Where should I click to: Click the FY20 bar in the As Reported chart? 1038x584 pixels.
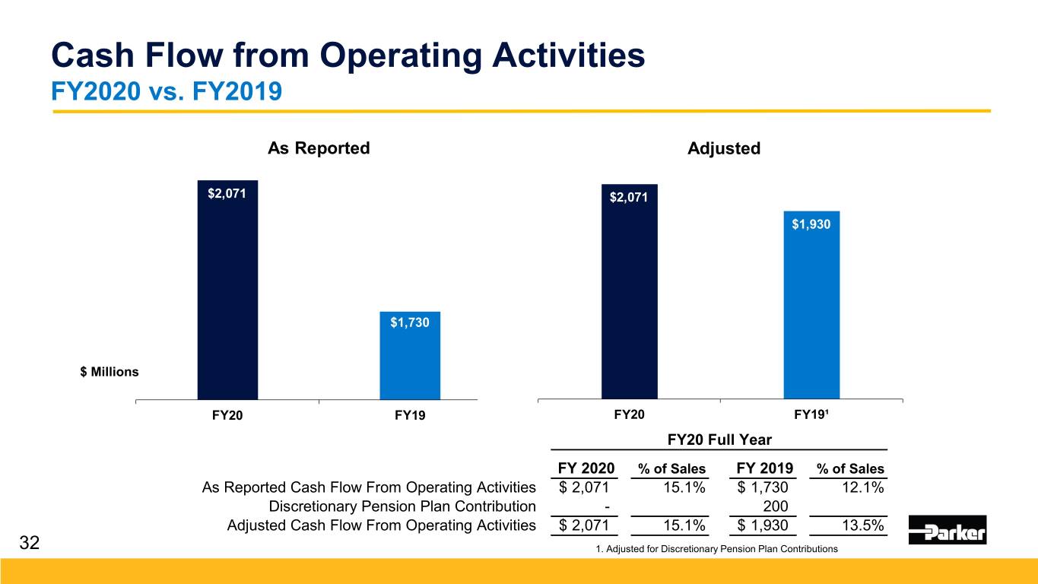(227, 289)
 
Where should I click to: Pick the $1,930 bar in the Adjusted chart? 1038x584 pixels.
(811, 304)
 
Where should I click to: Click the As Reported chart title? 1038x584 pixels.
(319, 148)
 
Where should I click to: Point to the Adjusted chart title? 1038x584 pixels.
(723, 149)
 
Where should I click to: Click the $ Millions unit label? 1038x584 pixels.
(110, 372)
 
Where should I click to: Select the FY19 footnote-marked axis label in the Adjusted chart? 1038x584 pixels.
(811, 415)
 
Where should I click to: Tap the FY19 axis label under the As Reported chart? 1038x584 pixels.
(410, 416)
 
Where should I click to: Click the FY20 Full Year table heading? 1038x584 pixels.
(719, 440)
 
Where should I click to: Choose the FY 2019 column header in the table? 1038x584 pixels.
(766, 468)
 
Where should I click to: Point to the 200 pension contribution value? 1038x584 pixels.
(774, 506)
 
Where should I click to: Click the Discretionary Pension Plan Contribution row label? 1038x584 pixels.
(402, 506)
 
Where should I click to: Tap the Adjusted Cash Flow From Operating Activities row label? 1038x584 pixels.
(382, 525)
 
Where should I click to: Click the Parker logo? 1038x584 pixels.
(947, 530)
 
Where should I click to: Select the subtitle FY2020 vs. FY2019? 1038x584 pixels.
(166, 92)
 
